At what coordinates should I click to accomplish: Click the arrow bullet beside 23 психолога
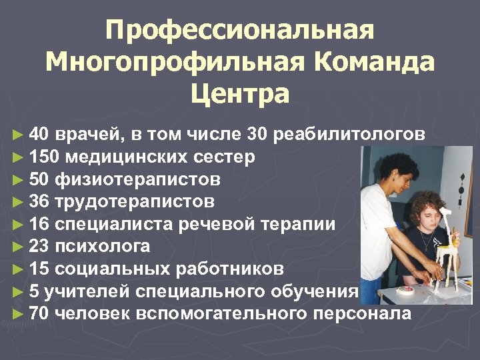[17, 247]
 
